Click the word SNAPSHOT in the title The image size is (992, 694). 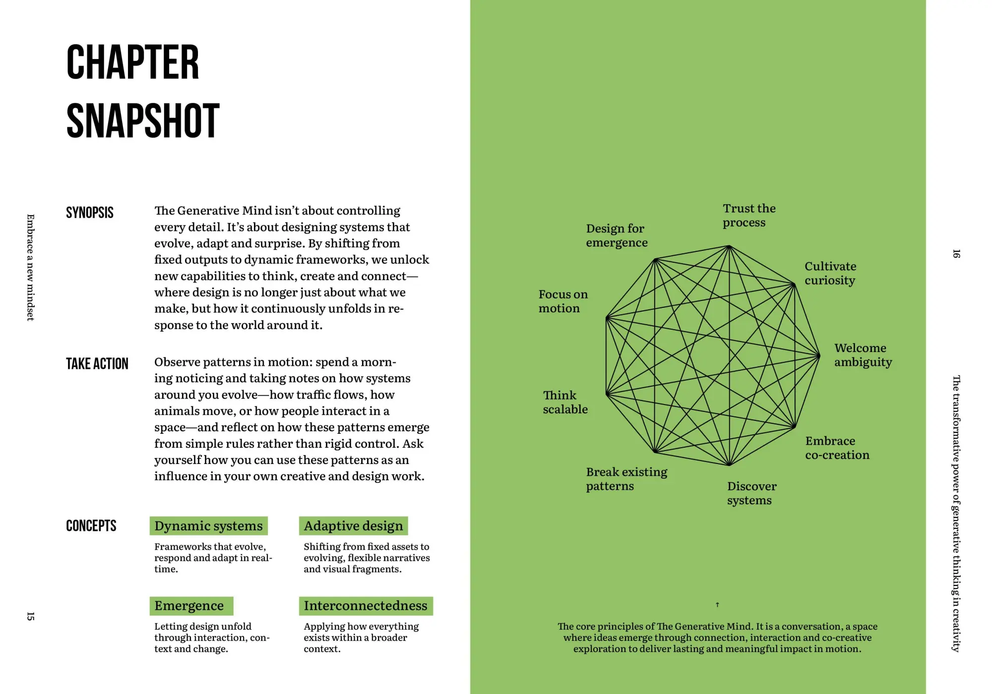143,121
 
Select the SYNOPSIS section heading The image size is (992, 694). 90,213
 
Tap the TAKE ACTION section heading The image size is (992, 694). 97,364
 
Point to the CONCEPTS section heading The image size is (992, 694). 91,526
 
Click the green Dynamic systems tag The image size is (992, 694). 208,526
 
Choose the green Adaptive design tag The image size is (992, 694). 353,526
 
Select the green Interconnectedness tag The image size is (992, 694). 366,606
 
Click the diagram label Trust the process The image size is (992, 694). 748,216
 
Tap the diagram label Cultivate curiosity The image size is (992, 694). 830,273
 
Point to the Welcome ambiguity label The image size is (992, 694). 863,355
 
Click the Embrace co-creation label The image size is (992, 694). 837,448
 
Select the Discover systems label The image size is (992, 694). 751,493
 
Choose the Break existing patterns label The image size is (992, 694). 626,479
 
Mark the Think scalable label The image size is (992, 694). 565,402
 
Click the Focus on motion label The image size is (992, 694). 563,301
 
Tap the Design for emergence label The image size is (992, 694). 617,235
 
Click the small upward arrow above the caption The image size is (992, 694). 717,605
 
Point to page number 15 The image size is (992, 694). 31,616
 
